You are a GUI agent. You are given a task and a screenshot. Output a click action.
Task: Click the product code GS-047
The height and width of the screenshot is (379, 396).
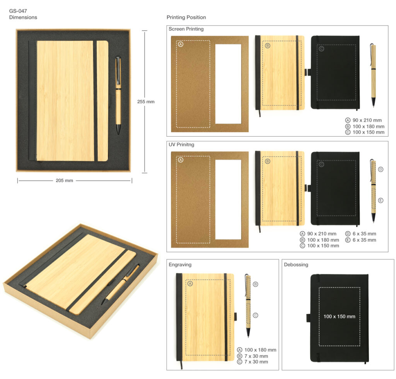click(18, 11)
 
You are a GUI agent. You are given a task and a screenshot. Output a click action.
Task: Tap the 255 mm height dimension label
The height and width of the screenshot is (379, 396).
click(146, 102)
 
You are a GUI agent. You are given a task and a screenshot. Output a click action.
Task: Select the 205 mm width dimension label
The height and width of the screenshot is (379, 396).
click(65, 181)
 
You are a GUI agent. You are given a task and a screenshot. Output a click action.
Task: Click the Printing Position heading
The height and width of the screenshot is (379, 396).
click(186, 17)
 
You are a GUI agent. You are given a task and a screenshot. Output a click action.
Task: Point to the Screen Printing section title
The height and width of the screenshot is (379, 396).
click(186, 29)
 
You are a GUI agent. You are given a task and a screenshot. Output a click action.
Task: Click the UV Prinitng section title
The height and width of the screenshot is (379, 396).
click(181, 144)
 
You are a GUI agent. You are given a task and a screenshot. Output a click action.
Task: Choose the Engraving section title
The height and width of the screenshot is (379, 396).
click(180, 265)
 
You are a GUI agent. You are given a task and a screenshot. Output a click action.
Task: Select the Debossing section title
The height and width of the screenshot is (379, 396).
click(296, 265)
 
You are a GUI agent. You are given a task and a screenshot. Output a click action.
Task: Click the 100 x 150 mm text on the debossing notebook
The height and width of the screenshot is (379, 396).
click(340, 316)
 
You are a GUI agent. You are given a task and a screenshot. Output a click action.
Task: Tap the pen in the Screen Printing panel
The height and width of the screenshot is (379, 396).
click(373, 75)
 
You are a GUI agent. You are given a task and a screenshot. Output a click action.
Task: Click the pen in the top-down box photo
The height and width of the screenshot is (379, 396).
click(118, 95)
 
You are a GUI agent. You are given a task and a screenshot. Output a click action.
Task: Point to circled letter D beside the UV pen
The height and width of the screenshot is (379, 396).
click(381, 169)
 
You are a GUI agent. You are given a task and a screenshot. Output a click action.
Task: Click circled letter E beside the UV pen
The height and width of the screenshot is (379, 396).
click(381, 200)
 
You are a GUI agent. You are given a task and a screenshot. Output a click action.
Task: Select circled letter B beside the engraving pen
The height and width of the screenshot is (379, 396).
click(255, 284)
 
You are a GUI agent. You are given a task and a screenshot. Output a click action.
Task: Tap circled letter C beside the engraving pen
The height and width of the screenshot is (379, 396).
click(255, 315)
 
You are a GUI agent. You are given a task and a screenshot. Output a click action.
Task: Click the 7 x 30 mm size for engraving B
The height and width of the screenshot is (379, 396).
click(256, 356)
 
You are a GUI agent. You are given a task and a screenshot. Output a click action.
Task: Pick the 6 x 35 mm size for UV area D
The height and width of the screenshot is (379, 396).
click(364, 234)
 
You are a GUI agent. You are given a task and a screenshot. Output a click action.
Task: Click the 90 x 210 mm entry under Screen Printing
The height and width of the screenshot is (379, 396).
click(367, 120)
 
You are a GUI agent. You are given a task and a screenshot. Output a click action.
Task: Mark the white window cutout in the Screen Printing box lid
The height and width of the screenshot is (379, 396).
click(228, 84)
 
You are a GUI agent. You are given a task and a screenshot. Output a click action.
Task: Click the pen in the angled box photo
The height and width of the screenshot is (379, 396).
click(121, 284)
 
